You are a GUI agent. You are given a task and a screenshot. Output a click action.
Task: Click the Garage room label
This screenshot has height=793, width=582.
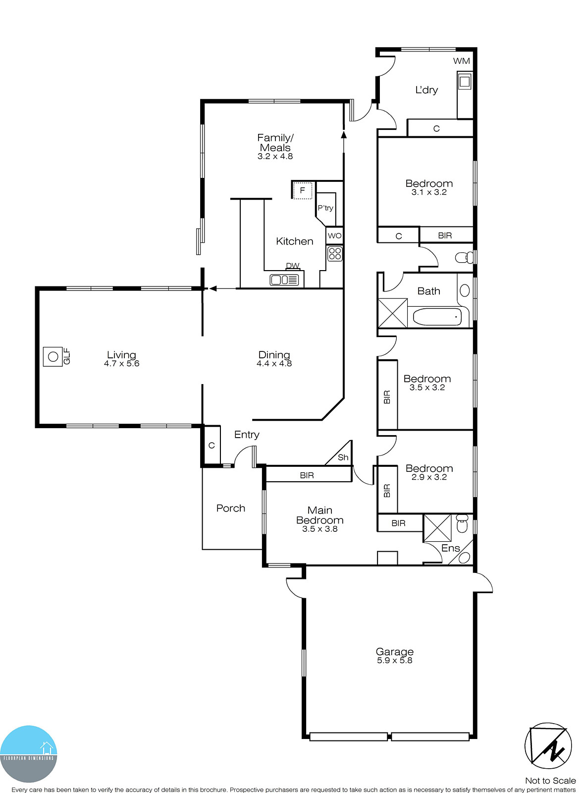pos(394,651)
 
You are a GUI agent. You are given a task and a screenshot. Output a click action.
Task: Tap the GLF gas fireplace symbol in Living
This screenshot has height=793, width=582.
pos(53,356)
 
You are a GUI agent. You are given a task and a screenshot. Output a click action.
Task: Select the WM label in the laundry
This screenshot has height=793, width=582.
pos(461,61)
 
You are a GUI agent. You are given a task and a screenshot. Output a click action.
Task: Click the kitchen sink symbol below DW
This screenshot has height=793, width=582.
pos(284,280)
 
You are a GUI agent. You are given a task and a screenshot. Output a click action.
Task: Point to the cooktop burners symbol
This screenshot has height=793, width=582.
pos(335,254)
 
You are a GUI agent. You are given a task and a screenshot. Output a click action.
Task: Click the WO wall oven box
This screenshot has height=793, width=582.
pos(335,235)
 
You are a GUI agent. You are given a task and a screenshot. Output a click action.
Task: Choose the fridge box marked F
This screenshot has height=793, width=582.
pos(302,190)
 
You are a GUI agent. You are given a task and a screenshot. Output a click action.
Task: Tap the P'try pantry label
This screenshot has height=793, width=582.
pos(325,208)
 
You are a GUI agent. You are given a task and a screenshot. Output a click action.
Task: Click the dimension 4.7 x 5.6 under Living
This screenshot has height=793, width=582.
pos(121,364)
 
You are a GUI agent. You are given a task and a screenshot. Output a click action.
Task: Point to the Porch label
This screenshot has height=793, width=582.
pos(230,508)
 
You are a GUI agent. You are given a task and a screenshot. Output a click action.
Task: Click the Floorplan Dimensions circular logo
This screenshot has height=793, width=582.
pos(29,753)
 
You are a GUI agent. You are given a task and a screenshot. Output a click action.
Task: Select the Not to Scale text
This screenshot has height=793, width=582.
pos(550,781)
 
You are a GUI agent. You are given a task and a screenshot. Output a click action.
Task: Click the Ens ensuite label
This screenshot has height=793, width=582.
pos(450,548)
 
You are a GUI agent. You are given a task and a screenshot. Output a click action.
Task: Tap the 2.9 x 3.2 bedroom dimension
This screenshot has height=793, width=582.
pos(429,477)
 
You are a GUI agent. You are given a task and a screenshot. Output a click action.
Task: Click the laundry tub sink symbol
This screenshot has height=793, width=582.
pos(465,81)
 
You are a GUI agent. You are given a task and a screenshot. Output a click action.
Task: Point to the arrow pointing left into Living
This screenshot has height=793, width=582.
pos(213,288)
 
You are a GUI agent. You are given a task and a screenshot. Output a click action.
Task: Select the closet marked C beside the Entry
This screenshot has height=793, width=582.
pos(212,445)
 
